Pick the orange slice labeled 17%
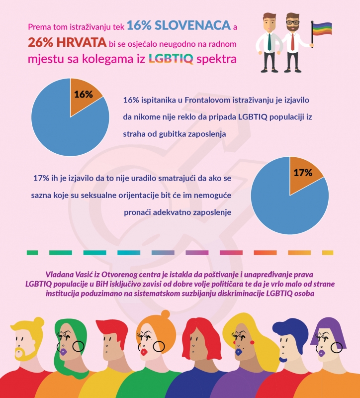click(x=304, y=172)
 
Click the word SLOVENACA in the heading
click(x=196, y=25)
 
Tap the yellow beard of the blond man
click(x=21, y=354)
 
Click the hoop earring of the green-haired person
click(x=78, y=345)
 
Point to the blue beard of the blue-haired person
click(x=282, y=358)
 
